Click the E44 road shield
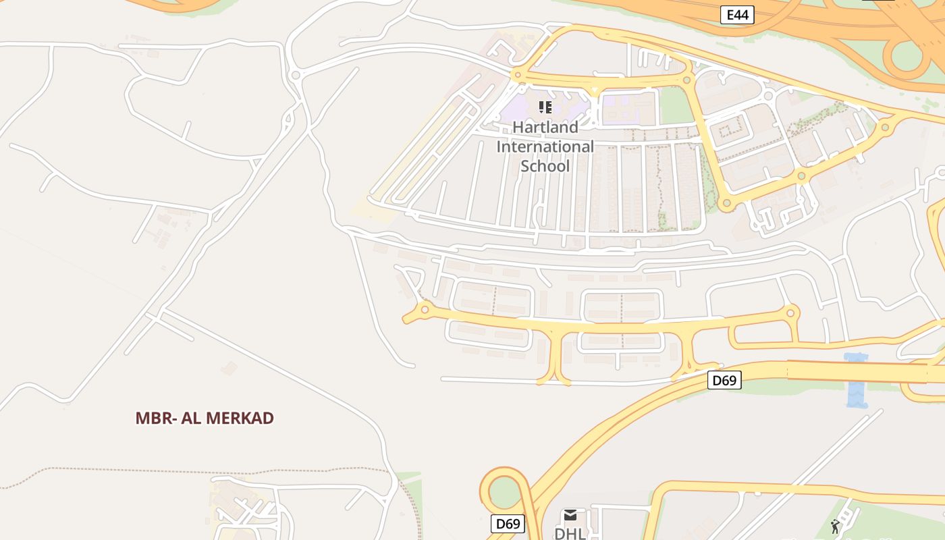pyautogui.click(x=736, y=15)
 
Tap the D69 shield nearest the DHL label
pyautogui.click(x=508, y=524)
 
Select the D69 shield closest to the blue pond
pyautogui.click(x=724, y=381)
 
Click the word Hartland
pyautogui.click(x=545, y=127)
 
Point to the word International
pyautogui.click(x=545, y=146)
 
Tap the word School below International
pyautogui.click(x=545, y=166)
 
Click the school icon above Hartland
pyautogui.click(x=545, y=107)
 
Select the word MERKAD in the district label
pyautogui.click(x=240, y=418)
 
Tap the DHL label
pyautogui.click(x=570, y=533)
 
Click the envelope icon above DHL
pyautogui.click(x=570, y=516)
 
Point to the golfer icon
pyautogui.click(x=835, y=526)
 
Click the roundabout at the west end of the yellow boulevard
pyautogui.click(x=425, y=310)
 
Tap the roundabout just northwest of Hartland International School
pyautogui.click(x=518, y=75)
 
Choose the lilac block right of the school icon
pyautogui.click(x=628, y=108)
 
